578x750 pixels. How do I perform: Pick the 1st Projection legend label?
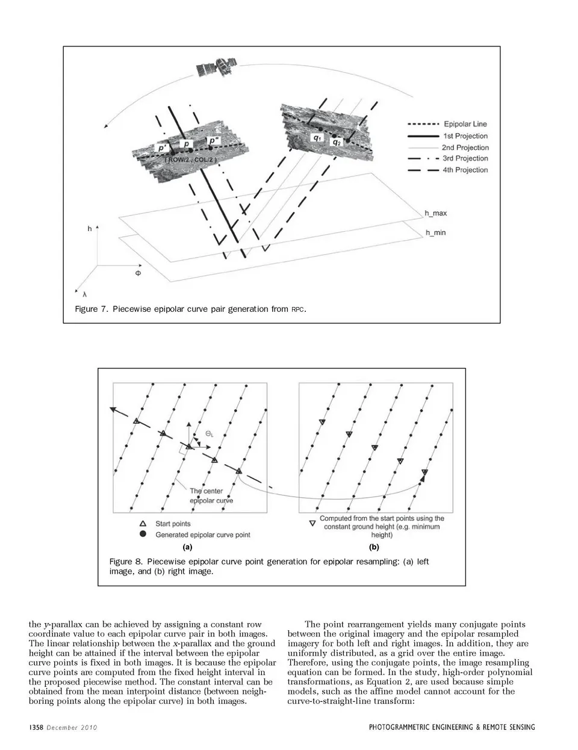pos(465,136)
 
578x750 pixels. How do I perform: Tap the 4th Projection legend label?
pos(465,170)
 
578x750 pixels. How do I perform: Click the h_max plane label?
pos(435,214)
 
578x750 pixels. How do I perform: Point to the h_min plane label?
pos(435,232)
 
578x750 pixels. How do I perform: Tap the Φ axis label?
pos(138,273)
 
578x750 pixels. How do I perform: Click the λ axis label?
pos(84,294)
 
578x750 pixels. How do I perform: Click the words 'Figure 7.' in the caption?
pos(91,309)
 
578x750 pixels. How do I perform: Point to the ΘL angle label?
pos(209,433)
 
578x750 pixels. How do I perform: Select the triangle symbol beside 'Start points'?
pos(143,524)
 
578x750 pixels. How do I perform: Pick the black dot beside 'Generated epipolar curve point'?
pos(143,535)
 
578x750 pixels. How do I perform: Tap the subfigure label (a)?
pos(187,548)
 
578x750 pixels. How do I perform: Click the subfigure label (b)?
pos(374,548)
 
